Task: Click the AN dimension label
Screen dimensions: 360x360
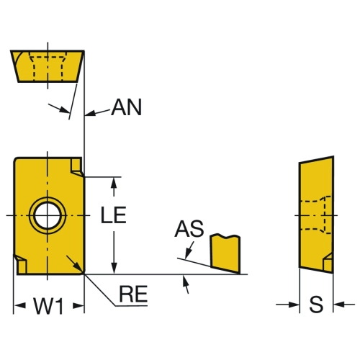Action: (x=127, y=107)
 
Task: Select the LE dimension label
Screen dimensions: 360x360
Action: (x=114, y=215)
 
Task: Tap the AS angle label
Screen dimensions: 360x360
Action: (x=189, y=229)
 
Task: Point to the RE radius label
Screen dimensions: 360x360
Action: (x=133, y=294)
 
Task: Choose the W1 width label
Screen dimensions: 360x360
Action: (x=49, y=306)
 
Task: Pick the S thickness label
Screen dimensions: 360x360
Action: (x=316, y=305)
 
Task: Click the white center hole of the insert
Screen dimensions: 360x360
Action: (x=48, y=215)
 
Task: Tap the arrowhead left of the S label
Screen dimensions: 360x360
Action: (x=294, y=305)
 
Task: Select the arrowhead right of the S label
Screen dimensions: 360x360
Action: (x=338, y=305)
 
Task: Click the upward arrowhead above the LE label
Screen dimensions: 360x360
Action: (x=114, y=184)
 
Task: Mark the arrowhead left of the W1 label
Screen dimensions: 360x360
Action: (x=19, y=306)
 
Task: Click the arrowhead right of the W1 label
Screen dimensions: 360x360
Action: (x=78, y=306)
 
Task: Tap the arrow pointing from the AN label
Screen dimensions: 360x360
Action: (x=97, y=112)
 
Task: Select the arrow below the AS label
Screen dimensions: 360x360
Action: (x=189, y=251)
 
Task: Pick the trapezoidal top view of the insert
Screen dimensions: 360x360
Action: (x=48, y=66)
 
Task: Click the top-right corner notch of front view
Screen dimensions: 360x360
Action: (x=77, y=167)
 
